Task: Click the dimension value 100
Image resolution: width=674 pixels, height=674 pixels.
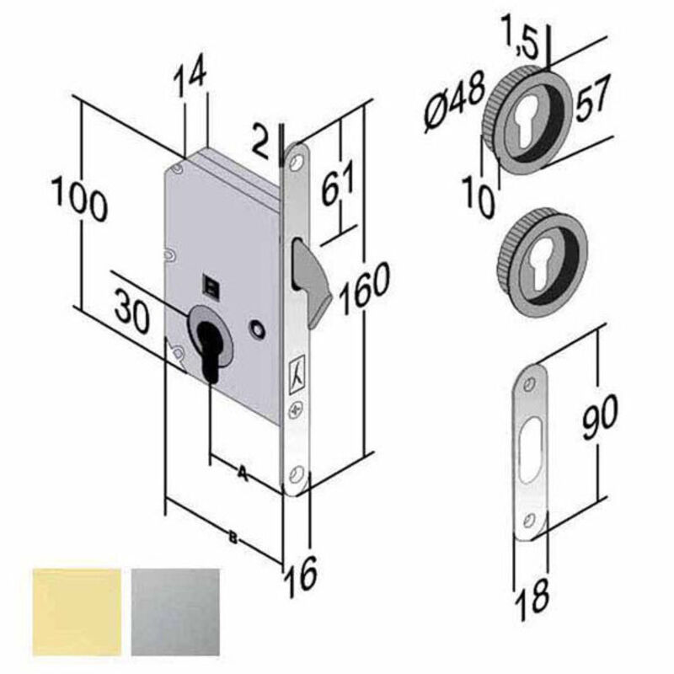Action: point(79,201)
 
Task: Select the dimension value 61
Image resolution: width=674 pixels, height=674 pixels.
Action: point(339,182)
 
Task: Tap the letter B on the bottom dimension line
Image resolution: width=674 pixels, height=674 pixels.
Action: point(233,537)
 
